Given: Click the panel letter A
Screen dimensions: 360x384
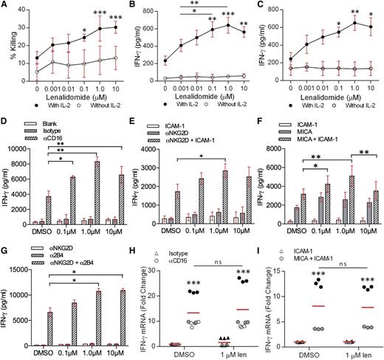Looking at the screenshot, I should click(x=6, y=6).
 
